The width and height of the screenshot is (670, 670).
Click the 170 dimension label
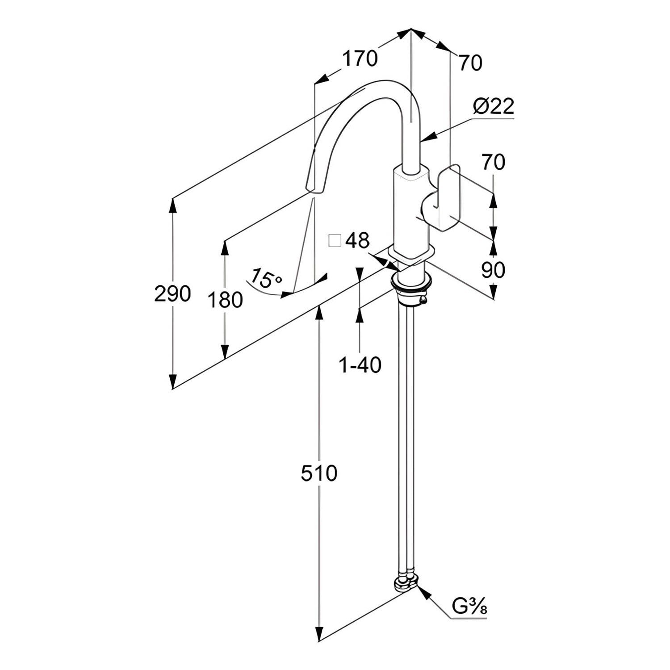pyautogui.click(x=360, y=59)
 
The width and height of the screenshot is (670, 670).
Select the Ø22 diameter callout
pyautogui.click(x=494, y=106)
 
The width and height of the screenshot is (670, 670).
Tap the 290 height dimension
pyautogui.click(x=172, y=293)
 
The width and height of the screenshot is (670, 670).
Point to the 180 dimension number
pyautogui.click(x=225, y=300)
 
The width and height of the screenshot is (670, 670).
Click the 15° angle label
pyautogui.click(x=265, y=279)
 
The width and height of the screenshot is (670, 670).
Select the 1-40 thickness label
pyautogui.click(x=360, y=365)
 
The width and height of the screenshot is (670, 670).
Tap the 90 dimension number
pyautogui.click(x=493, y=270)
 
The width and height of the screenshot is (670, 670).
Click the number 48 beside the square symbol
pyautogui.click(x=357, y=241)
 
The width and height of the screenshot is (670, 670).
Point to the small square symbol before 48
pyautogui.click(x=335, y=240)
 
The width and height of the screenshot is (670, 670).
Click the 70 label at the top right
pyautogui.click(x=470, y=63)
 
